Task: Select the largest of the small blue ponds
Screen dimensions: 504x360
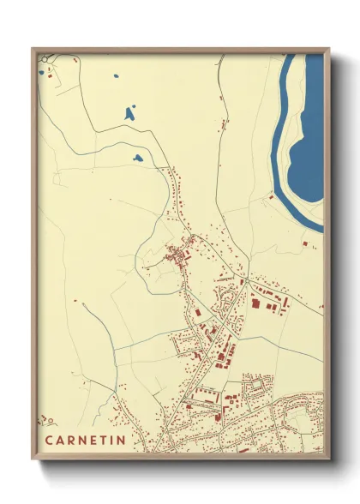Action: [x=130, y=113]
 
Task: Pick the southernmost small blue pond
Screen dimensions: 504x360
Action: [x=137, y=158]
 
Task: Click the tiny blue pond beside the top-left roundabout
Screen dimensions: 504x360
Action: [x=40, y=73]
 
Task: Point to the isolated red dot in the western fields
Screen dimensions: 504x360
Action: [x=75, y=301]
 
